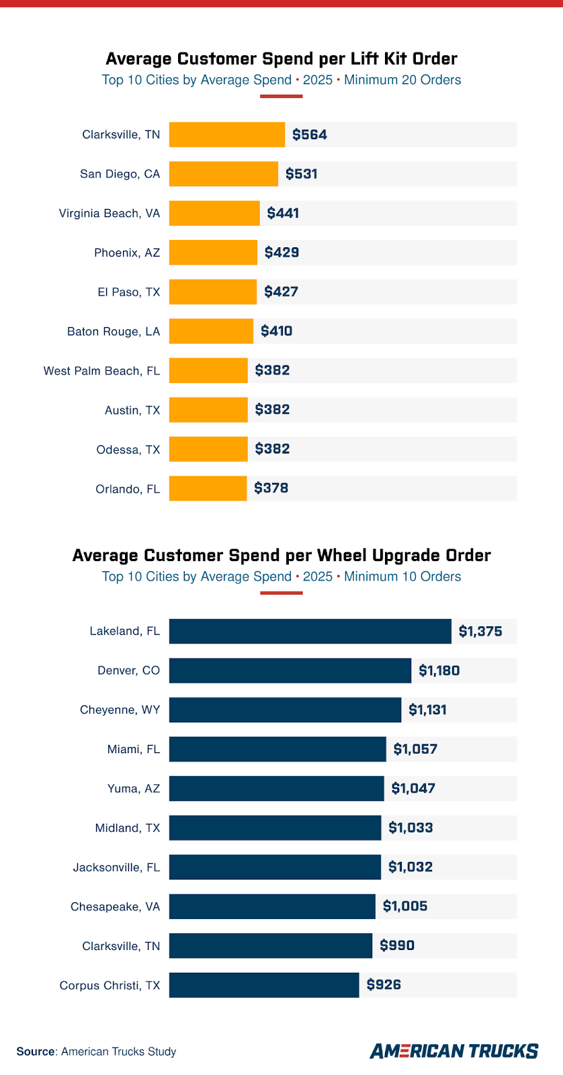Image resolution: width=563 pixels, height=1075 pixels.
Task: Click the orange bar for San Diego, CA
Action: click(223, 174)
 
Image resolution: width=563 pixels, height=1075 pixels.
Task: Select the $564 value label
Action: click(310, 135)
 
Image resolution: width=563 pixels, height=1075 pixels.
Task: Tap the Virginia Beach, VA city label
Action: click(110, 214)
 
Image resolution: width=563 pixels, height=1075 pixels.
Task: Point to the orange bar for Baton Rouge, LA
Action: click(211, 331)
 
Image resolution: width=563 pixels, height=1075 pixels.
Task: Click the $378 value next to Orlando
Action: click(271, 488)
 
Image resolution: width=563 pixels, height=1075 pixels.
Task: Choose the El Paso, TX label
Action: click(129, 292)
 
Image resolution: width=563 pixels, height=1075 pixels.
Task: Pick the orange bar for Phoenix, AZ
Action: click(213, 253)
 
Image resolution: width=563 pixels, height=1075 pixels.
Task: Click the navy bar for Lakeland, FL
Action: click(310, 632)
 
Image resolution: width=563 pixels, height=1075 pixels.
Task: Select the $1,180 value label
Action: click(439, 671)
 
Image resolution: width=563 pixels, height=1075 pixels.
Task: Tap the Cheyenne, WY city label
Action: click(120, 710)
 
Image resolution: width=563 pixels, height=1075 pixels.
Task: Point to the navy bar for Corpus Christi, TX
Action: click(264, 985)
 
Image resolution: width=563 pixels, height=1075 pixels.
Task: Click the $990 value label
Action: click(397, 946)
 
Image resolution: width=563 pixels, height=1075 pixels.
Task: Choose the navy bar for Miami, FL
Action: click(277, 749)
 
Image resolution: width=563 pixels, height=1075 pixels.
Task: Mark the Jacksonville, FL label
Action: click(117, 867)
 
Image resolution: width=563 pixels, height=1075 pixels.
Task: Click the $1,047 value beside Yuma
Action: click(413, 789)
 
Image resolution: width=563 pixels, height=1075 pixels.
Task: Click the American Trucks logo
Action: click(454, 1051)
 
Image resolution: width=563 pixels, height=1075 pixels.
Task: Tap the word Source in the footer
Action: click(36, 1051)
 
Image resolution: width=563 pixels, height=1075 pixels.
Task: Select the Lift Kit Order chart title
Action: click(281, 59)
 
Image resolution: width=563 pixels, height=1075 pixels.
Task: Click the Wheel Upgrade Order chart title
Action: click(281, 556)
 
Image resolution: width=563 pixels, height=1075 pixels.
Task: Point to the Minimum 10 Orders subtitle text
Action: click(402, 576)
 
